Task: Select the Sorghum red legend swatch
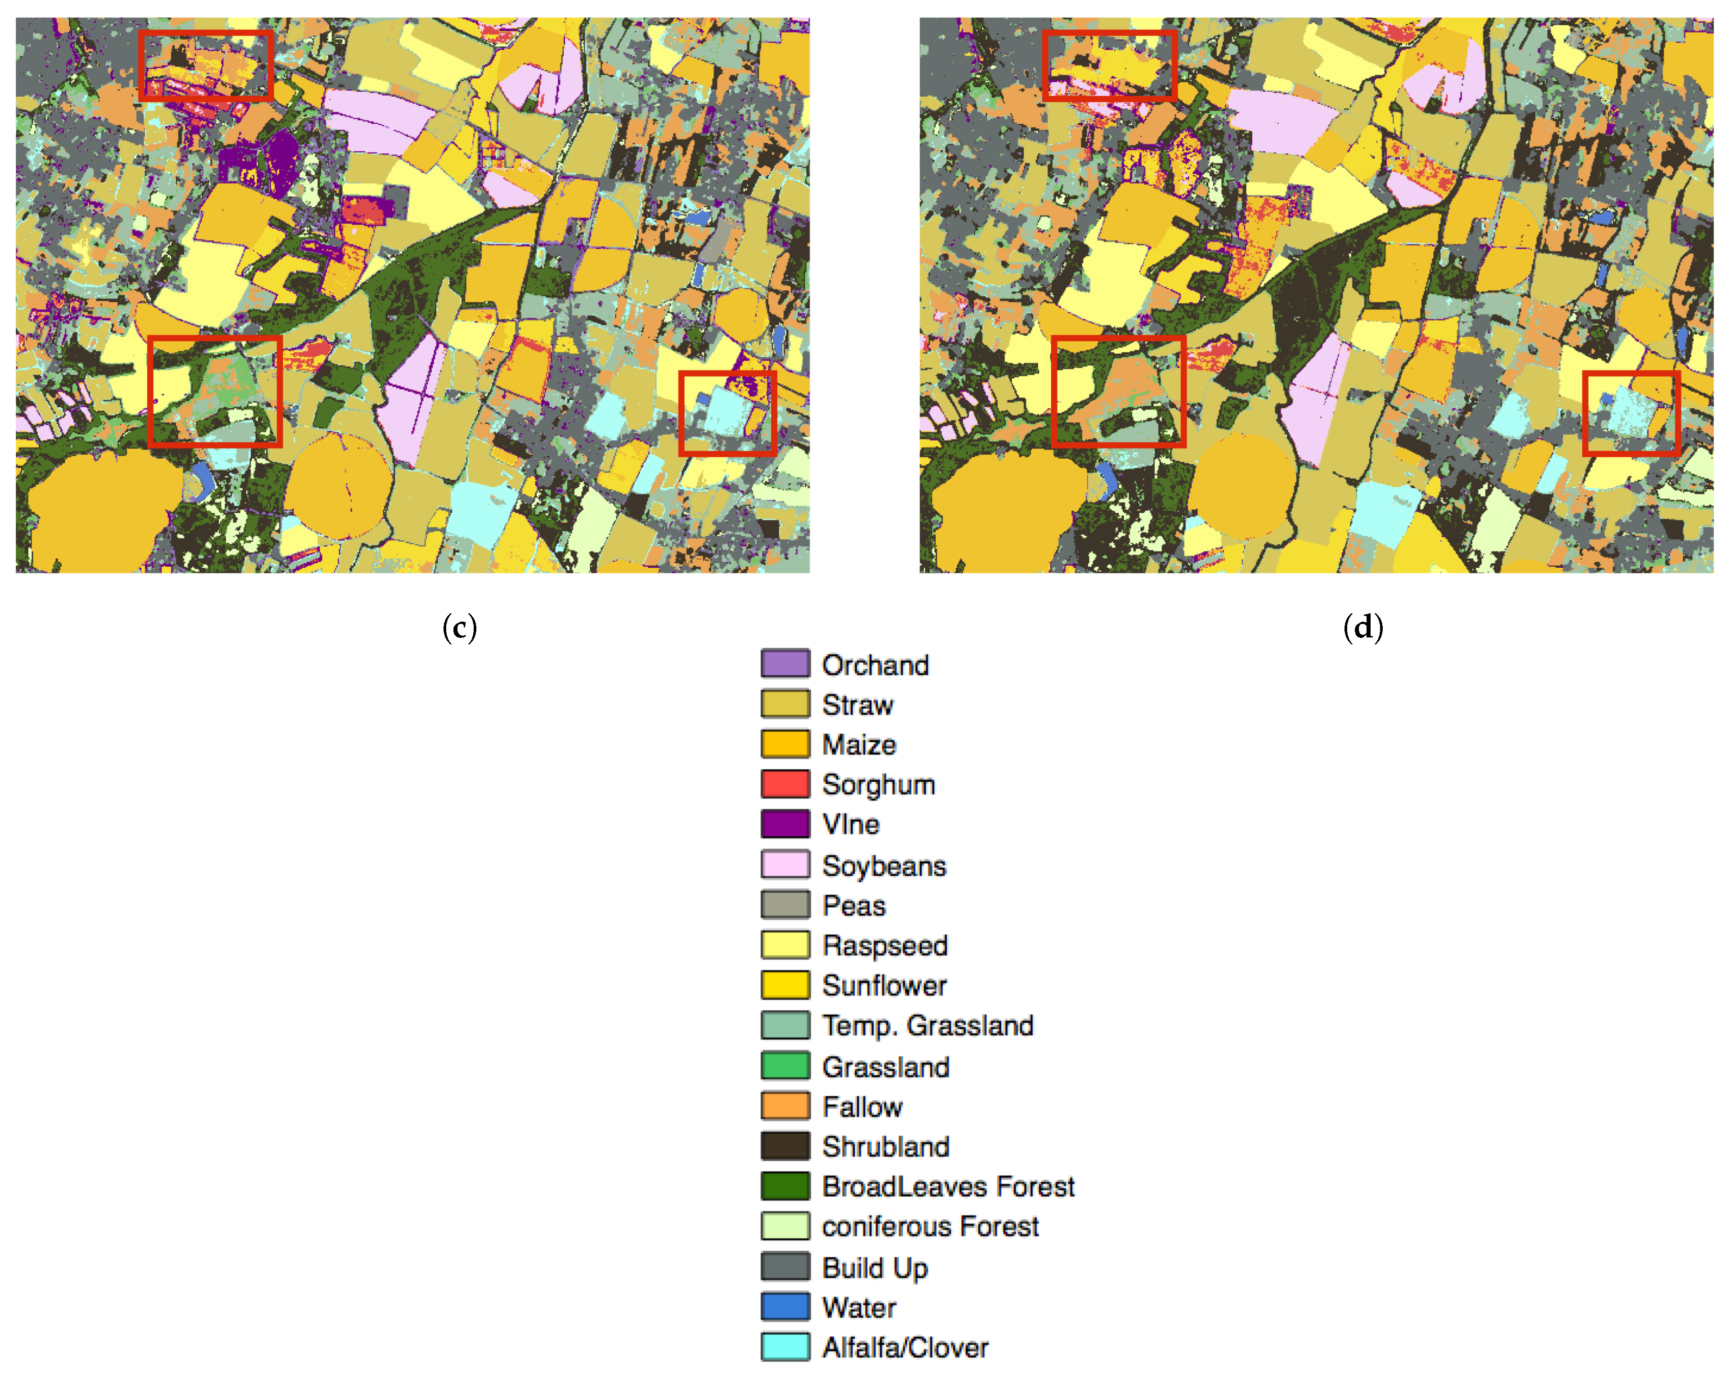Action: tap(785, 784)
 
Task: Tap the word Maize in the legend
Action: tap(859, 745)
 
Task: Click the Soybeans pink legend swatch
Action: tap(785, 864)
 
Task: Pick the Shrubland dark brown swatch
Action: tap(785, 1146)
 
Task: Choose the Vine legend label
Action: tap(851, 824)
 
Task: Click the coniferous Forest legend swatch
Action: tap(785, 1226)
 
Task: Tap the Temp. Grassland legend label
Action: tap(928, 1026)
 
